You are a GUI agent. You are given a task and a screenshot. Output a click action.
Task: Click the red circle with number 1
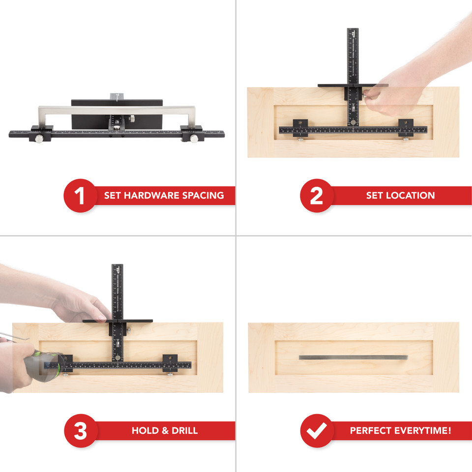coord(80,196)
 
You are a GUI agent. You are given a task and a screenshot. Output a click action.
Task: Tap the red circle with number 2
coord(317,196)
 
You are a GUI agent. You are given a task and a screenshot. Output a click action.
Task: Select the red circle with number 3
coord(80,431)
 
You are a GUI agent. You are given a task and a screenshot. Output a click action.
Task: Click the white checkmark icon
coord(317,431)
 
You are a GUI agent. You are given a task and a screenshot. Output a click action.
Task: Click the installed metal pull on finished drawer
coord(353,357)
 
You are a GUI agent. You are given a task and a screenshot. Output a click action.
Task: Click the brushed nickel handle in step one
coord(118,108)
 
